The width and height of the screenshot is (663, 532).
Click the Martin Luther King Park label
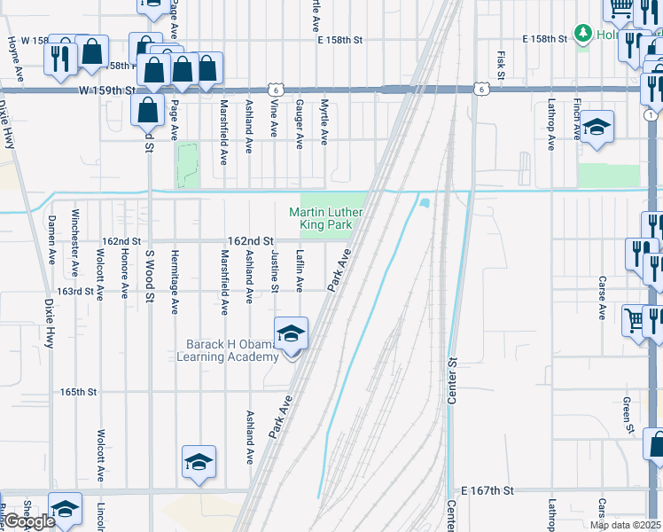pos(320,218)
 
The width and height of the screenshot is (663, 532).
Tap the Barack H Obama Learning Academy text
pos(232,350)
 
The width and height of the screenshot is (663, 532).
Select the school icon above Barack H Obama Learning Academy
pos(291,334)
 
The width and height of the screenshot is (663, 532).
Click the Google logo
pos(28,522)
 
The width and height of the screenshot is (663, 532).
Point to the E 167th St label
pos(488,490)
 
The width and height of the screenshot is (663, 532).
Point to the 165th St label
pos(78,391)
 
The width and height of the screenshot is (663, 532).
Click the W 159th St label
pos(106,90)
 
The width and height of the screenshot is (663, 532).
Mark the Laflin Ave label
pos(300,270)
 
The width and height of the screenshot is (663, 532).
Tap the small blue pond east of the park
pos(424,203)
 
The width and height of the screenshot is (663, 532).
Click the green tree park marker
pos(582,35)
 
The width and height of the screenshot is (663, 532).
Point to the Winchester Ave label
pos(76,254)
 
